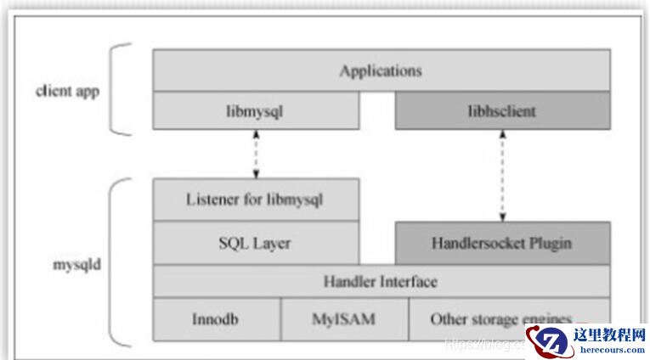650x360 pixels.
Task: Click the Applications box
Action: tap(381, 70)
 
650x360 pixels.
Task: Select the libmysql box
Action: tap(256, 111)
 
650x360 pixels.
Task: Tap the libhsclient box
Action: tap(502, 111)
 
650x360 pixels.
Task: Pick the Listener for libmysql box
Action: tap(256, 200)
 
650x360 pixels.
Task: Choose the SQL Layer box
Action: tap(256, 243)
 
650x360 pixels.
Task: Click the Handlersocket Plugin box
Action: tap(502, 243)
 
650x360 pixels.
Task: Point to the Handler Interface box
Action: tap(381, 281)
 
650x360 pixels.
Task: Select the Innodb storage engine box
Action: tap(217, 320)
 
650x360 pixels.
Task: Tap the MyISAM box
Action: tap(344, 320)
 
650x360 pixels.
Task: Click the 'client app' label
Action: tap(67, 91)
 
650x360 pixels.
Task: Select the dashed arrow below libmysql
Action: tap(256, 154)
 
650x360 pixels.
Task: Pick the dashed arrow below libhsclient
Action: tap(502, 175)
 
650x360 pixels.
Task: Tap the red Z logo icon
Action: tap(547, 341)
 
